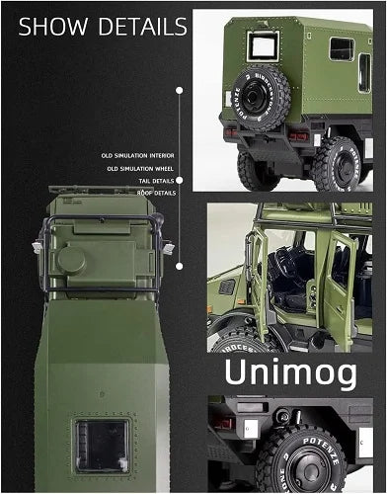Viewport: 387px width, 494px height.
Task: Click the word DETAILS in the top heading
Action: click(137, 27)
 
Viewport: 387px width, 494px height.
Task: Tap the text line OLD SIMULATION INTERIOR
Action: click(137, 155)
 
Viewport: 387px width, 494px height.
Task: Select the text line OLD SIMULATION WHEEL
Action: click(140, 168)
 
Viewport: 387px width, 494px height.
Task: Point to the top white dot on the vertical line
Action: click(179, 90)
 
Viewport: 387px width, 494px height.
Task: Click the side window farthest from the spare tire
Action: click(342, 48)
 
